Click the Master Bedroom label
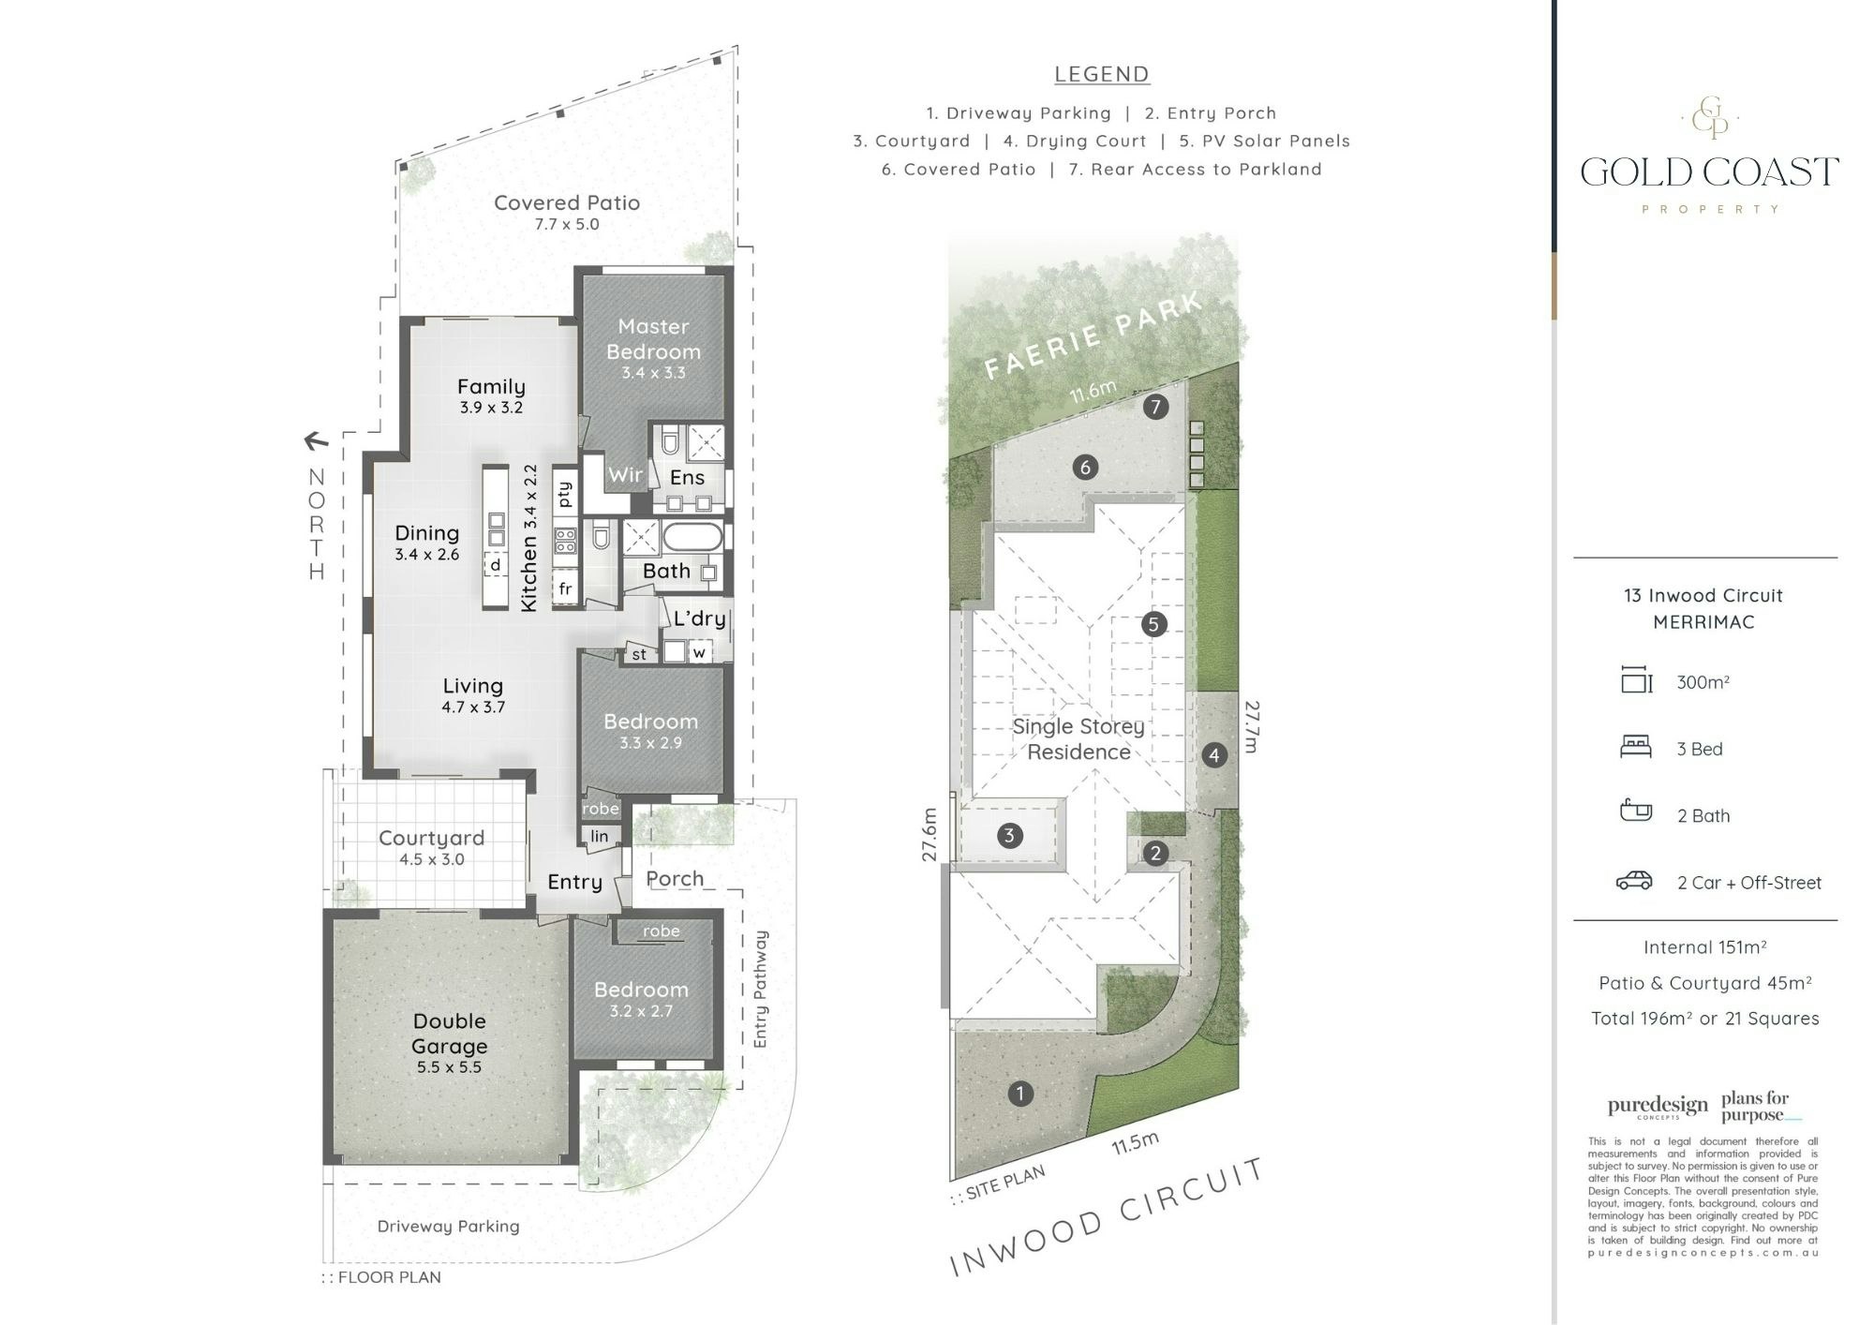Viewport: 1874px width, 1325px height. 653,339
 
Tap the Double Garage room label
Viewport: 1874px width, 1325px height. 450,1034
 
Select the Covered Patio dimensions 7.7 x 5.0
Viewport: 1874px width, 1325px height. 567,224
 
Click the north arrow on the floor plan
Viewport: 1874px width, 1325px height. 316,439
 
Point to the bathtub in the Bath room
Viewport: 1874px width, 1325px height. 693,538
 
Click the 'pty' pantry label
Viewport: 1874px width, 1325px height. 564,493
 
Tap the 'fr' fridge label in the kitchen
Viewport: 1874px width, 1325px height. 565,588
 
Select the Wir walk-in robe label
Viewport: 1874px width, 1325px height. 625,475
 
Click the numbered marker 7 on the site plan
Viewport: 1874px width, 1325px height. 1155,407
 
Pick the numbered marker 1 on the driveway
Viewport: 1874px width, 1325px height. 1019,1093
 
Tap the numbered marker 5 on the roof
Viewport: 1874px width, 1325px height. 1153,624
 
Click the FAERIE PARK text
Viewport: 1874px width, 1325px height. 1093,335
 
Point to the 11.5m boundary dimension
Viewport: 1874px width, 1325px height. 1136,1143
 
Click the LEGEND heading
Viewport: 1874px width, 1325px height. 1102,74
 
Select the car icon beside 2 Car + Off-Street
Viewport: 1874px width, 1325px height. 1634,881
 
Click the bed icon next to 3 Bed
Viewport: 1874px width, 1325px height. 1636,747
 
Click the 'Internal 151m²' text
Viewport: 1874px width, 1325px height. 1705,947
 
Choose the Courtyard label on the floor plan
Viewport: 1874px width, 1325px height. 432,838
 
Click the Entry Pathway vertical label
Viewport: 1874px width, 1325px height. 760,989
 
